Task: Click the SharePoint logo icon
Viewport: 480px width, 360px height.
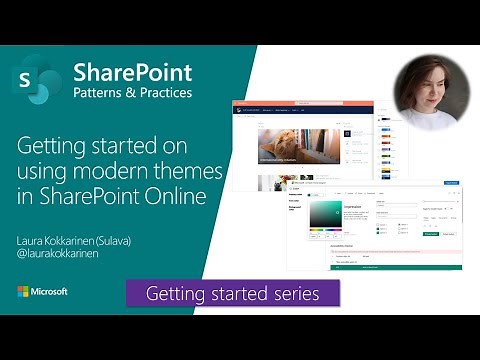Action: [x=39, y=78]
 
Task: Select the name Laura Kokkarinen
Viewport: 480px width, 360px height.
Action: [x=61, y=240]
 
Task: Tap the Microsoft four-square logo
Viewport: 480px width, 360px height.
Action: [x=24, y=292]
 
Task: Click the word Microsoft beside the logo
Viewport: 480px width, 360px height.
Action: [x=51, y=292]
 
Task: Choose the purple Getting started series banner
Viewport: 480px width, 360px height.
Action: [x=232, y=293]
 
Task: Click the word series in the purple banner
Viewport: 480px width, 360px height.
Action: [x=295, y=294]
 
